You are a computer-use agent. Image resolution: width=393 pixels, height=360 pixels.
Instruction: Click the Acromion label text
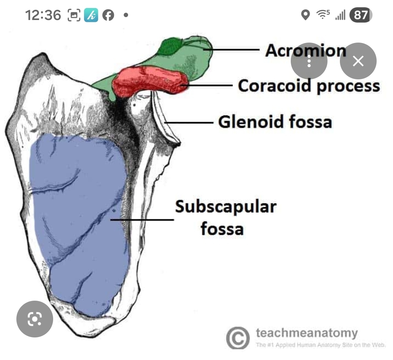point(305,50)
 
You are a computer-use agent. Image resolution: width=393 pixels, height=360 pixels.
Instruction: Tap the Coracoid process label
point(309,86)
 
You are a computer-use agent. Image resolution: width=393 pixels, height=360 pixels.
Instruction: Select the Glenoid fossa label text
point(275,122)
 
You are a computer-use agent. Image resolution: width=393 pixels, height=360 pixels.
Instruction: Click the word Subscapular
point(226,207)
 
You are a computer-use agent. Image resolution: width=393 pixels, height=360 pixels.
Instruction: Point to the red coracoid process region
point(149,82)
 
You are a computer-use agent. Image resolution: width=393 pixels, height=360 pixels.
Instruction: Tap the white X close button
point(358,61)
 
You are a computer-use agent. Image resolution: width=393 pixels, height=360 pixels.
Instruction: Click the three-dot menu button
point(309,61)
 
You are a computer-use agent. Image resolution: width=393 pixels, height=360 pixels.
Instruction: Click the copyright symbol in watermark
point(238,338)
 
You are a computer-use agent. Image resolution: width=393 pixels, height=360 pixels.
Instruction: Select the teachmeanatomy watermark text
point(307,333)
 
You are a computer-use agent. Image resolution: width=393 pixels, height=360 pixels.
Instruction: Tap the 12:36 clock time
point(43,15)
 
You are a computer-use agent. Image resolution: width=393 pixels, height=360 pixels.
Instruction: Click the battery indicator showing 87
point(361,15)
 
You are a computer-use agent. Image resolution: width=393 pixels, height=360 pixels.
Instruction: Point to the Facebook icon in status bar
point(108,15)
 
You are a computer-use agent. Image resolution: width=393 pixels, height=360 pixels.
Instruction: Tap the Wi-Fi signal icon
point(322,15)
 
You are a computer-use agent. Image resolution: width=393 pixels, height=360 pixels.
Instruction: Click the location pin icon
point(305,15)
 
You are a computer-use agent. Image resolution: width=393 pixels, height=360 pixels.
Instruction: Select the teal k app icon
point(91,15)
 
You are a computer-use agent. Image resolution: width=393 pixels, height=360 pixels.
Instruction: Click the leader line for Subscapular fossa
point(142,219)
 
